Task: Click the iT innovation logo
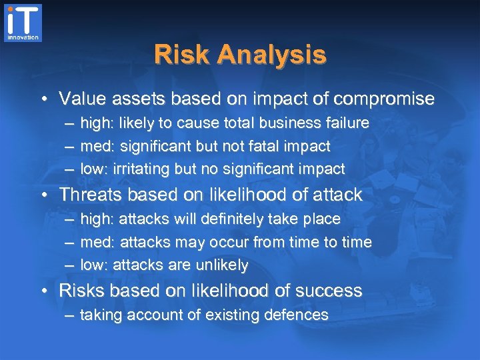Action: point(23,23)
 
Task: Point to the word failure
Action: point(347,123)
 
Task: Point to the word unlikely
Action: point(221,265)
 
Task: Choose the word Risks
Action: point(79,291)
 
